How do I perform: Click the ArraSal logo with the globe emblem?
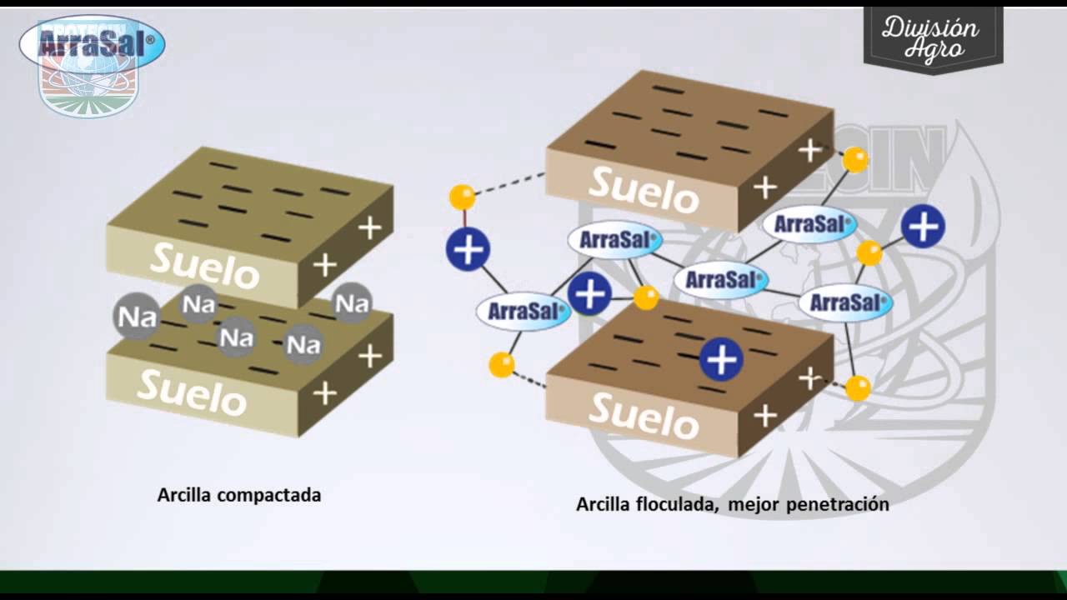pyautogui.click(x=92, y=50)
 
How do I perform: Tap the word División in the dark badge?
pyautogui.click(x=930, y=28)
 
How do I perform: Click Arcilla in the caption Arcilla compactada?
pyautogui.click(x=183, y=495)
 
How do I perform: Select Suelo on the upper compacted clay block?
pyautogui.click(x=204, y=265)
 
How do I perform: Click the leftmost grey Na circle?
pyautogui.click(x=136, y=317)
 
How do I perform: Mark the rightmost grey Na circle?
pyautogui.click(x=352, y=302)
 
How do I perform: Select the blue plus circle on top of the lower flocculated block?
pyautogui.click(x=721, y=360)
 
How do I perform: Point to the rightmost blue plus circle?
pyautogui.click(x=923, y=226)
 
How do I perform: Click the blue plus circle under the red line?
pyautogui.click(x=468, y=249)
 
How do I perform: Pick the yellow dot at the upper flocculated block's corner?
pyautogui.click(x=855, y=160)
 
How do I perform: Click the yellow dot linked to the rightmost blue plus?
pyautogui.click(x=869, y=252)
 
